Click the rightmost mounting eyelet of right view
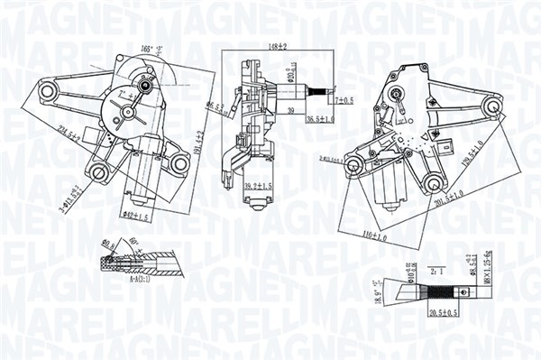(492, 108)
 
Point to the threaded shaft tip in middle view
(320, 92)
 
